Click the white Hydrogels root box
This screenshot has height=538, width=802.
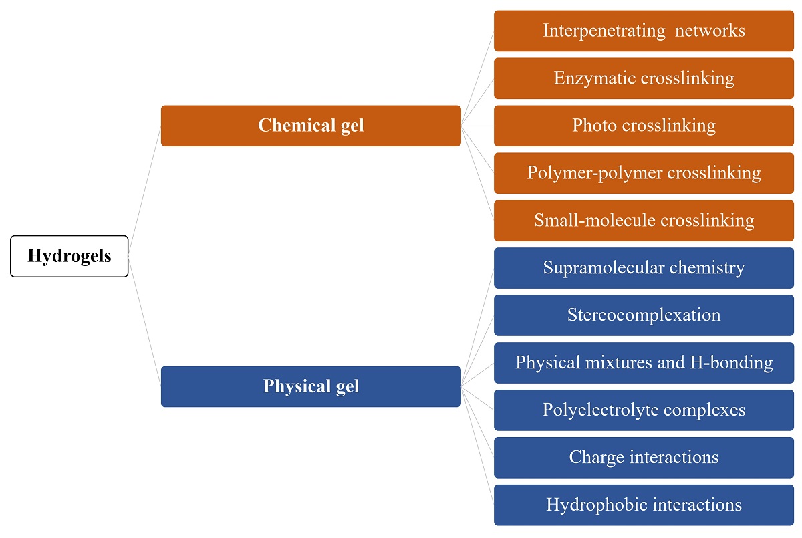pyautogui.click(x=69, y=256)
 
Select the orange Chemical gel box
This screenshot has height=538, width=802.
pyautogui.click(x=311, y=126)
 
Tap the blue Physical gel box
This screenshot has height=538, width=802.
pyautogui.click(x=311, y=386)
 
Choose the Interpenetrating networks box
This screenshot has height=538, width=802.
pyautogui.click(x=644, y=31)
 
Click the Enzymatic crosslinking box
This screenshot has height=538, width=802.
pyautogui.click(x=644, y=78)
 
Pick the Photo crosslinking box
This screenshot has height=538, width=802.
pyautogui.click(x=644, y=126)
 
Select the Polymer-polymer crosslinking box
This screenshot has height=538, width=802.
pyautogui.click(x=644, y=173)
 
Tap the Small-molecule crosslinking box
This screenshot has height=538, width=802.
pyautogui.click(x=644, y=221)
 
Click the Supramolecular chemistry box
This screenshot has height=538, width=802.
pyautogui.click(x=644, y=268)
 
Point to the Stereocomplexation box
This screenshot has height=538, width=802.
pyautogui.click(x=644, y=315)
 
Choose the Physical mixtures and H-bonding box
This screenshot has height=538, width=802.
pyautogui.click(x=644, y=363)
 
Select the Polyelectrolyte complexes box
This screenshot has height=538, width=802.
pyautogui.click(x=644, y=410)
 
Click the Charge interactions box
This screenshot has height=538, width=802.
pyautogui.click(x=644, y=458)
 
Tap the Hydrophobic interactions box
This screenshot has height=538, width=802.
pyautogui.click(x=644, y=505)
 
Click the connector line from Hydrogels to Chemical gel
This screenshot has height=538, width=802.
pyautogui.click(x=144, y=191)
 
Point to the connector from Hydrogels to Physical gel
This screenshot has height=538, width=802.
pyautogui.click(x=144, y=321)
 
